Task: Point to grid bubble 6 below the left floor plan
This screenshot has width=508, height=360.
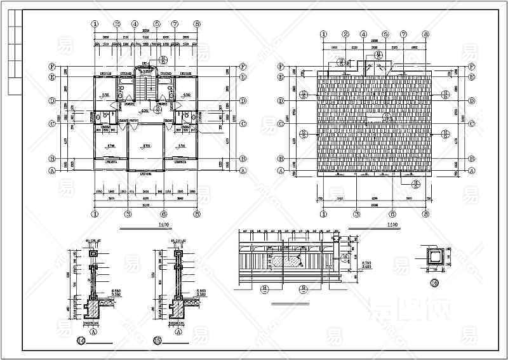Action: coord(164,214)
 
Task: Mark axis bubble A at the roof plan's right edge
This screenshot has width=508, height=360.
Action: coord(472,171)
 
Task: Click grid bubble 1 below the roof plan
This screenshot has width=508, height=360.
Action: coord(323,214)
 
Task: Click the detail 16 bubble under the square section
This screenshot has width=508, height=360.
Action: coord(434,283)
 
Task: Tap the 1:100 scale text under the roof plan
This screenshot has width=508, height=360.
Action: coord(392,225)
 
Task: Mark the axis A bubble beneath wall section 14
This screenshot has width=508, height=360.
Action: coord(93,331)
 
